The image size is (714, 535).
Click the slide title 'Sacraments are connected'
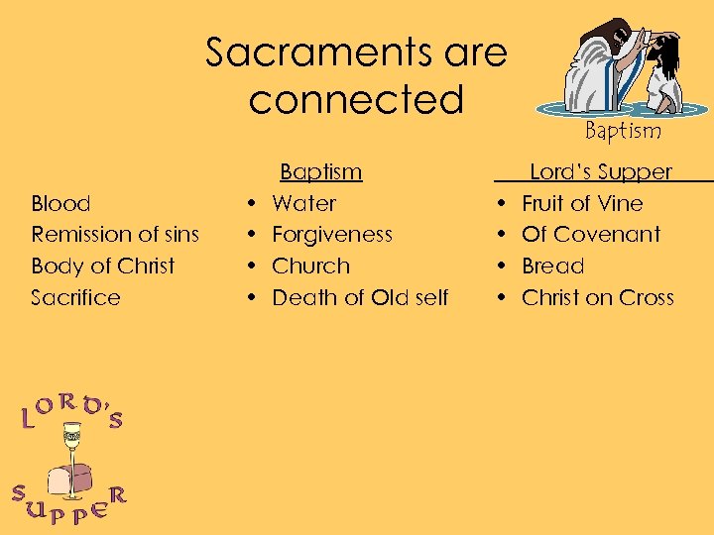[x=356, y=75]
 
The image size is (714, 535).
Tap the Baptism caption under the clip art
[x=622, y=130]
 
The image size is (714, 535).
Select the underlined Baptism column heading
[x=320, y=172]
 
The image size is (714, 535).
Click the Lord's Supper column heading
[x=601, y=172]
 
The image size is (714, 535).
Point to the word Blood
[x=60, y=204]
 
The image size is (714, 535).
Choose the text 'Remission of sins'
[x=115, y=235]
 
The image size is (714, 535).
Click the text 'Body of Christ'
[x=103, y=267]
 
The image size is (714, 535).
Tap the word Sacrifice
[x=75, y=298]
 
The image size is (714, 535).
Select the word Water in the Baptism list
[x=303, y=204]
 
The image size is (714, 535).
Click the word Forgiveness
[x=332, y=235]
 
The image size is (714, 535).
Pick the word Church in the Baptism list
[x=310, y=267]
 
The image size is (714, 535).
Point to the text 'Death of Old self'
[x=360, y=298]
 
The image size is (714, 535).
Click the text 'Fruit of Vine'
[x=582, y=204]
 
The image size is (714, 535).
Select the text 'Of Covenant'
[x=591, y=235]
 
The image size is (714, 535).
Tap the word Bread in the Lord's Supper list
[x=552, y=267]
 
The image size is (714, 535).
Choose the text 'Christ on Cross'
[x=598, y=298]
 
